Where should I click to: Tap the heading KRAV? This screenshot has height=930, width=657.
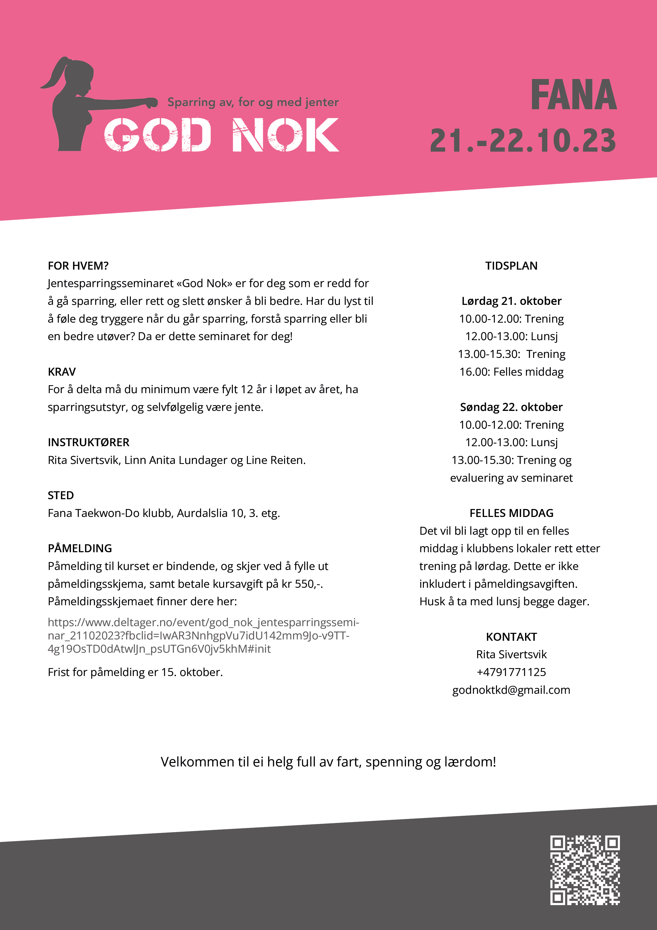click(x=61, y=372)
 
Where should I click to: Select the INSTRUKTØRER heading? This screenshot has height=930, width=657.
click(x=88, y=442)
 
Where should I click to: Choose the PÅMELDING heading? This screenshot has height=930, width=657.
click(x=80, y=549)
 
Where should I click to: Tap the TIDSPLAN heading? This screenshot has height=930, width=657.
click(x=511, y=266)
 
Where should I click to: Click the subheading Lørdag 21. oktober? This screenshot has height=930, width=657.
click(x=511, y=301)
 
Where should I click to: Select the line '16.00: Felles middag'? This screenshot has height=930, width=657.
click(x=511, y=372)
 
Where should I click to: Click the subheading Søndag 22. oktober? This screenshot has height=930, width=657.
click(x=511, y=407)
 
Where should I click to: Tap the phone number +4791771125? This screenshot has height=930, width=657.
click(x=511, y=672)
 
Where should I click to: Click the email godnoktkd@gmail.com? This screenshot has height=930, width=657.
click(x=511, y=690)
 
